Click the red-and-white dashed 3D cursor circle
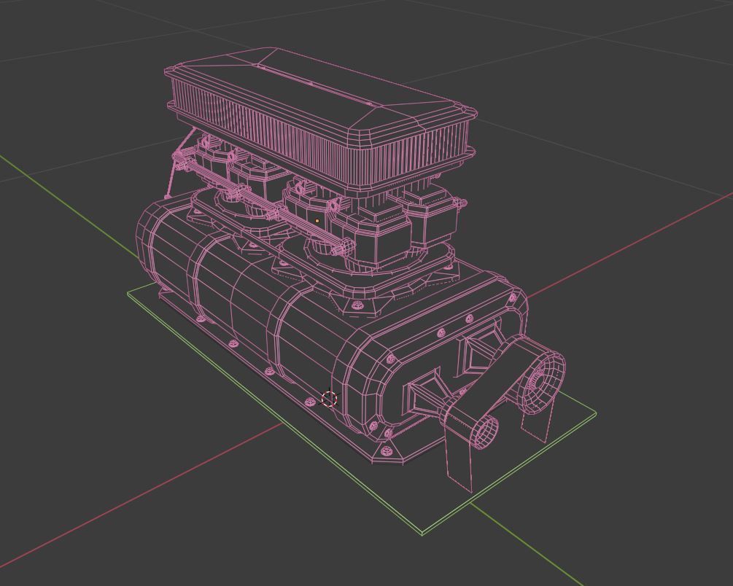329,399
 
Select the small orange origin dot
317,221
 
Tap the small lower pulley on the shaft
484,431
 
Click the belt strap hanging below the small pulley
459,462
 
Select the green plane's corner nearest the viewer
422,534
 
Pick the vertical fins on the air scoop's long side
306,138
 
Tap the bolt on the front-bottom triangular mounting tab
387,453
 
